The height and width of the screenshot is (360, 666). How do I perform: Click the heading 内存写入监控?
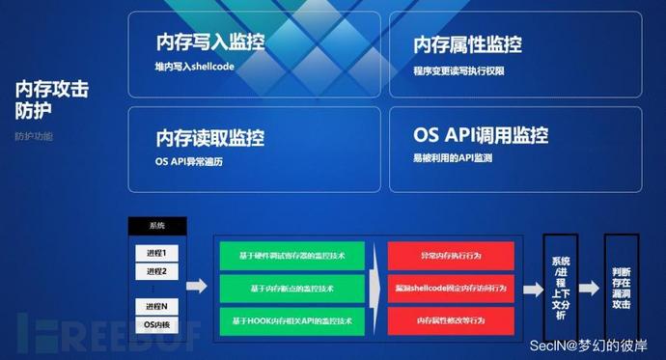209,42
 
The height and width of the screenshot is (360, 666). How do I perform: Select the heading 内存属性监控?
467,45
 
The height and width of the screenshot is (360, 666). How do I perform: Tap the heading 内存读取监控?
209,138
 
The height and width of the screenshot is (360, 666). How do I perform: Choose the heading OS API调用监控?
481,135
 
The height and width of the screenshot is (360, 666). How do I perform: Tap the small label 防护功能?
34,136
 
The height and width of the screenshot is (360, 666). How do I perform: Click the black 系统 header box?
156,226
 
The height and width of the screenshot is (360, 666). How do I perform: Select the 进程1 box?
156,253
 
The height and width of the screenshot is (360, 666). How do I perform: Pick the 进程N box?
156,306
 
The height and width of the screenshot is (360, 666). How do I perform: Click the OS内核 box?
156,323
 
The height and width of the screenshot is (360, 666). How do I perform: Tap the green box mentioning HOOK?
292,319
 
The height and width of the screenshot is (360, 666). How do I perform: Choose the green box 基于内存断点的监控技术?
292,288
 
